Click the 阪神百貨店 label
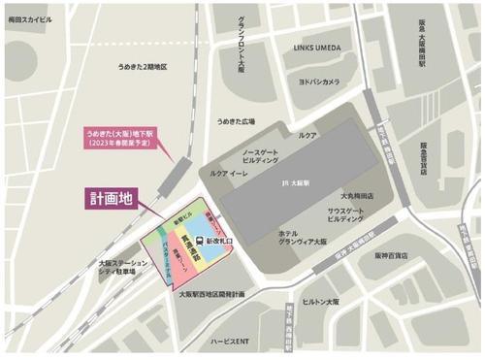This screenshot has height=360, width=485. pos(387,256)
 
